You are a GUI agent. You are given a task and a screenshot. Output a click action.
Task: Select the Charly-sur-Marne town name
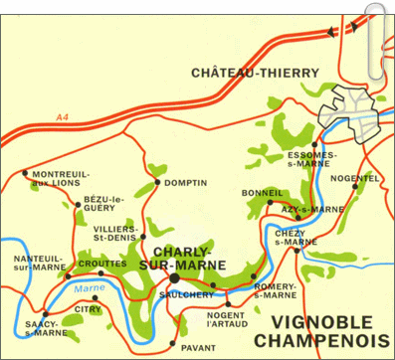(x=192, y=259)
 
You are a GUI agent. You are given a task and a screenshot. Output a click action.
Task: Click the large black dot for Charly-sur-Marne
(x=175, y=279)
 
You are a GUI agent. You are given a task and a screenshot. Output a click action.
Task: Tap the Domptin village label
(x=185, y=183)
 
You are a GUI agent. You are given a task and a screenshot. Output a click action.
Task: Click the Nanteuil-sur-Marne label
(x=37, y=263)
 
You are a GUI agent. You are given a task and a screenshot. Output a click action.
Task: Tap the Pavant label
(x=199, y=347)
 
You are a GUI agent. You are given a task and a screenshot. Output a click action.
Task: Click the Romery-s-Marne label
(x=276, y=290)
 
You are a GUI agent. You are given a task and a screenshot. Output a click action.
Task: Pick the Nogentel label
(x=361, y=177)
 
